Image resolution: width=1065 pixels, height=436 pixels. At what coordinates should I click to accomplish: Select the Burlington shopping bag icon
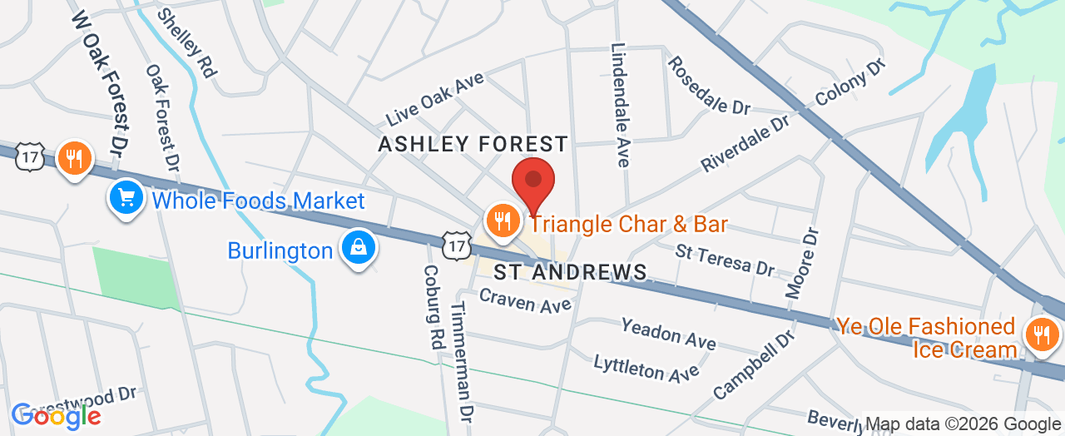(358, 247)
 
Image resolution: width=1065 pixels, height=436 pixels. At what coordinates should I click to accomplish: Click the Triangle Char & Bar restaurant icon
(502, 220)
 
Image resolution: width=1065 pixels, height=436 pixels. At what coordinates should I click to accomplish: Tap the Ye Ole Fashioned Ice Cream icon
(1040, 335)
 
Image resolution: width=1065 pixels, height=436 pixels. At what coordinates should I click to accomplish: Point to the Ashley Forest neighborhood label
(473, 145)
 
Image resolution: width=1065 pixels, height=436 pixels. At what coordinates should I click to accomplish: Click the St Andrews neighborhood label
(571, 272)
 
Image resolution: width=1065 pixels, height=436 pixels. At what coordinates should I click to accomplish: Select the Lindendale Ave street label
(620, 105)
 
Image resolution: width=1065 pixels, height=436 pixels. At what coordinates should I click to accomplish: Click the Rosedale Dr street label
(709, 85)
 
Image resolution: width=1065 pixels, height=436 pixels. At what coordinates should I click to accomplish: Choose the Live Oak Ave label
(434, 99)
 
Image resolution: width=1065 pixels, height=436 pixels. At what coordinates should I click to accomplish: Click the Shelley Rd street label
(186, 42)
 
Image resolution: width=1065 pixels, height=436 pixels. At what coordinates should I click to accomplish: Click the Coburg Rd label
(433, 305)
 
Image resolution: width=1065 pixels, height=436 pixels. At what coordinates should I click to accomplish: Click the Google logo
(56, 415)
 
